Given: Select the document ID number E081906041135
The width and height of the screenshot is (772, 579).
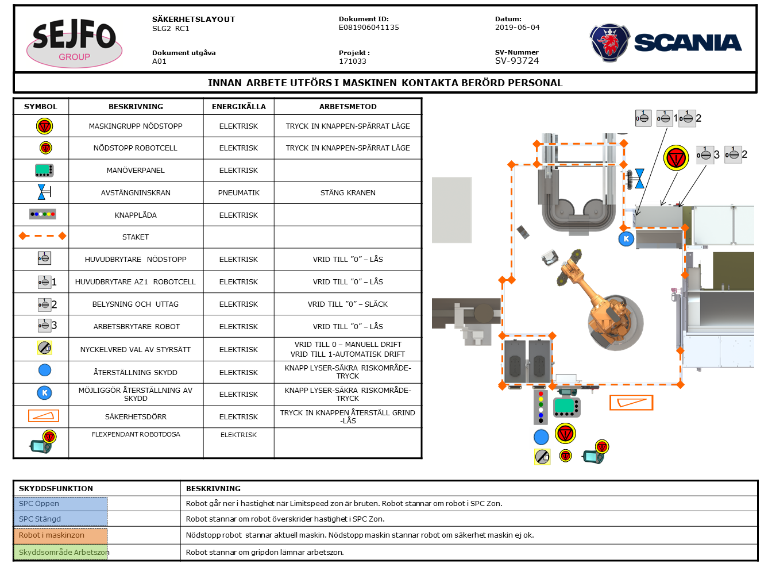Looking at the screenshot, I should click(x=369, y=28).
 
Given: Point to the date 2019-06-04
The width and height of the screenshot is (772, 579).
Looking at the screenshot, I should click(x=517, y=28).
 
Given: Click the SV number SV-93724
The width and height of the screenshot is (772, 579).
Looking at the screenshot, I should click(x=517, y=61).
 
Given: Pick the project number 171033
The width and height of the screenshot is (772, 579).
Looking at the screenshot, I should click(x=352, y=61).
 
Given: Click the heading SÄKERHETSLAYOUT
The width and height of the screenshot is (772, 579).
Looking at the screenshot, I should click(x=194, y=20).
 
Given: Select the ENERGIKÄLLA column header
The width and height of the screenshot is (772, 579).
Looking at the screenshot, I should click(x=238, y=107).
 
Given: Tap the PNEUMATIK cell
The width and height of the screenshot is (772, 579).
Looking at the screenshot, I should click(x=238, y=193).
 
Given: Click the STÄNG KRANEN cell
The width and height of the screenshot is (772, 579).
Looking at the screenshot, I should click(x=348, y=193).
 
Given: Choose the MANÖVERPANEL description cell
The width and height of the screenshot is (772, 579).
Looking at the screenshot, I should click(x=136, y=171).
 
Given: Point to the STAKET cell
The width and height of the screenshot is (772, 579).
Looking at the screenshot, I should click(x=136, y=237).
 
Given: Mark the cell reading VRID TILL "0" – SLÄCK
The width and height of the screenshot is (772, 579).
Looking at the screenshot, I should click(x=348, y=304).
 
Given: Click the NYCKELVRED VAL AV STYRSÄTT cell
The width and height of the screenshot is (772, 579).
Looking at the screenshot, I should click(x=136, y=349).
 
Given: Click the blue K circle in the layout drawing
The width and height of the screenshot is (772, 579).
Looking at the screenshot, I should click(x=626, y=239).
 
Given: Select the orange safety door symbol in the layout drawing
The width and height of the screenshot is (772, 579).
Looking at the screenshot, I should click(x=631, y=403).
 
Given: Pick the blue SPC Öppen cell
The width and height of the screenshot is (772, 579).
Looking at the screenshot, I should click(x=60, y=504).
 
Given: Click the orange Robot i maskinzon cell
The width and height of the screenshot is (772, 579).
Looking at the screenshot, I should click(x=60, y=535).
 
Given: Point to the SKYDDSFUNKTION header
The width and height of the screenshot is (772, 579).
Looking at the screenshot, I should click(x=56, y=489).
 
